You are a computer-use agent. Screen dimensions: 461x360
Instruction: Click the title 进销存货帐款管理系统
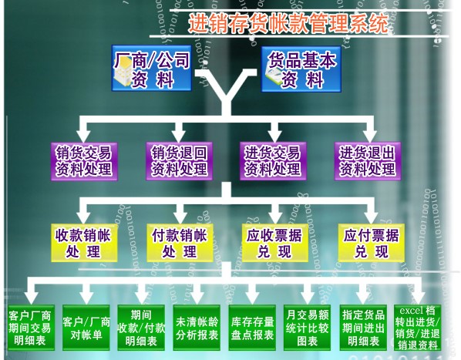pos(288,22)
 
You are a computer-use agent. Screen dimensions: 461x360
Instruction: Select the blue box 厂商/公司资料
pos(152,68)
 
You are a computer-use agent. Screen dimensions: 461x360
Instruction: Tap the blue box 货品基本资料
pos(301,69)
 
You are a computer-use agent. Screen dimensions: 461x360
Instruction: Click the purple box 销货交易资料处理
pos(84,161)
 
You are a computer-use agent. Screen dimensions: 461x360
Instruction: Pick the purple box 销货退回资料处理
pos(179,161)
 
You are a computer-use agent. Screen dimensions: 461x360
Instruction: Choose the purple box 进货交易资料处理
pos(273,161)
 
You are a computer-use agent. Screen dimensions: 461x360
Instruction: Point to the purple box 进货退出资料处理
pos(368,161)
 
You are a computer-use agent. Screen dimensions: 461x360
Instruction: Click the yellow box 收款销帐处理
pos(84,243)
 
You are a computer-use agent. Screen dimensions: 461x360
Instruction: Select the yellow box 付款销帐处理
pos(180,243)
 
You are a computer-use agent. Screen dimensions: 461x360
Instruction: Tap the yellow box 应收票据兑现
pos(274,243)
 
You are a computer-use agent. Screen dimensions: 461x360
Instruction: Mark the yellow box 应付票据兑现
pos(371,243)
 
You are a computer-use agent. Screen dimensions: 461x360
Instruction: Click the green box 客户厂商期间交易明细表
pos(31,328)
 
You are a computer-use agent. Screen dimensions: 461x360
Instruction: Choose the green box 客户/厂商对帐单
pos(86,328)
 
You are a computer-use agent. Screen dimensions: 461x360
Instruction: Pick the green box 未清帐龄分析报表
pos(197,328)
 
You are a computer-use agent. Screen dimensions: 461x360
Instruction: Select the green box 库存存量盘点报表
pos(252,328)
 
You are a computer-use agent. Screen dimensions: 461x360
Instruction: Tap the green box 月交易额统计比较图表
pos(308,328)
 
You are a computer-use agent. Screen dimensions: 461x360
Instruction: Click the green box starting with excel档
pos(418,328)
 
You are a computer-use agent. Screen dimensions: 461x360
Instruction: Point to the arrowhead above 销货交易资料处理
pos(84,135)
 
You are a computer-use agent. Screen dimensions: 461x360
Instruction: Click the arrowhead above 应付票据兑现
pos(371,217)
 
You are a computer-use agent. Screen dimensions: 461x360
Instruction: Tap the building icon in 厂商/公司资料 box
pos(123,72)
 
